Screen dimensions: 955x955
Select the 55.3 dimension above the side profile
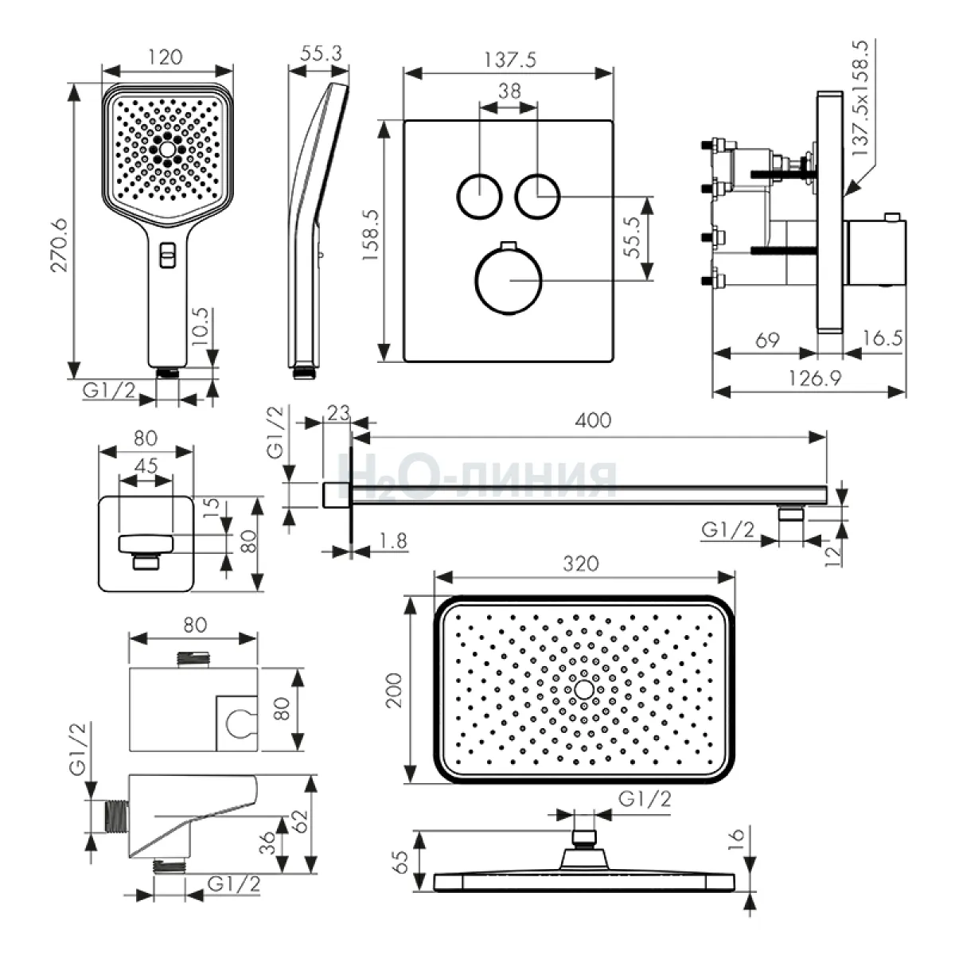pyautogui.click(x=321, y=54)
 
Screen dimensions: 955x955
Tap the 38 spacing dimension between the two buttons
pyautogui.click(x=509, y=91)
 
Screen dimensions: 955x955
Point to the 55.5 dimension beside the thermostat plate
pyautogui.click(x=633, y=237)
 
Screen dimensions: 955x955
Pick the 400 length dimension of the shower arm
pyautogui.click(x=593, y=420)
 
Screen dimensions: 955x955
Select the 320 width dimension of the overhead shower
pyautogui.click(x=580, y=564)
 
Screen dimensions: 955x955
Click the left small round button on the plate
pyautogui.click(x=479, y=194)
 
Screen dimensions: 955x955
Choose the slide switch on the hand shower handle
pyautogui.click(x=167, y=255)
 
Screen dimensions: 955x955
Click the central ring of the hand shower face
pyautogui.click(x=167, y=149)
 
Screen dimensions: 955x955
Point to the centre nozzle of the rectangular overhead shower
pyautogui.click(x=583, y=689)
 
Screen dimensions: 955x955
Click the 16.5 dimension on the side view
pyautogui.click(x=882, y=338)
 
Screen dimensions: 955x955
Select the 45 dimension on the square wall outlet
pyautogui.click(x=146, y=466)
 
